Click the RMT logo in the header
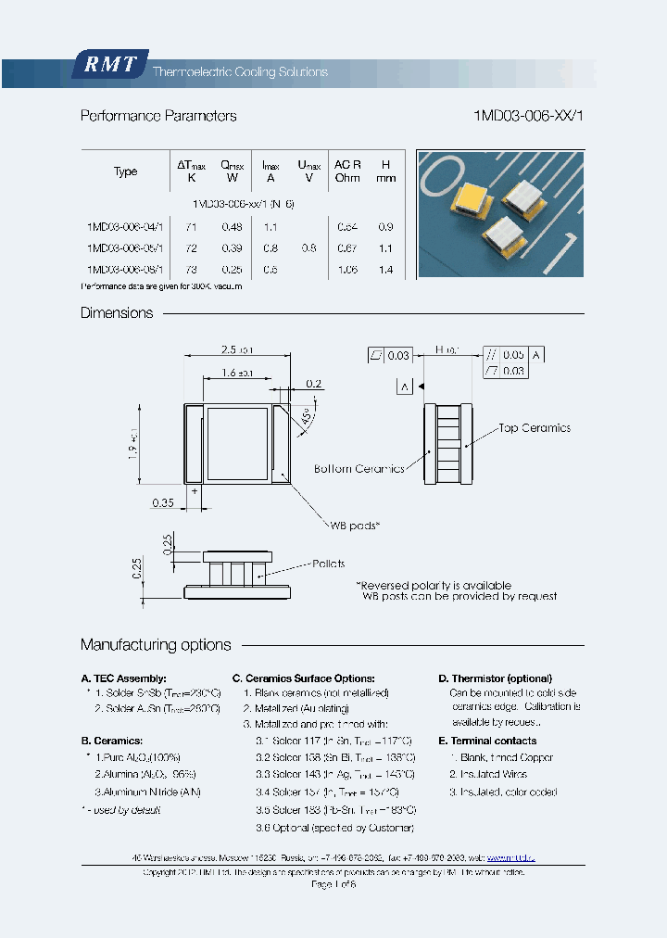(109, 65)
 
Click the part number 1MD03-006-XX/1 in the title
(528, 116)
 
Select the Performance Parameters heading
(158, 116)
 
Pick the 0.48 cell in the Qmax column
(232, 227)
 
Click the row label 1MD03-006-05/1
(125, 248)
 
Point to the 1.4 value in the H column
(386, 270)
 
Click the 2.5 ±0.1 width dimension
(237, 349)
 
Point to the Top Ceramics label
(534, 428)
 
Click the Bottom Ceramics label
(359, 469)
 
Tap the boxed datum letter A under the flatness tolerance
(403, 386)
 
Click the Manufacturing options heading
(156, 644)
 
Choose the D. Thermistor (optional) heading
(495, 678)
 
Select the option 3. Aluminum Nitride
(147, 792)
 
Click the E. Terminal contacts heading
(487, 741)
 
